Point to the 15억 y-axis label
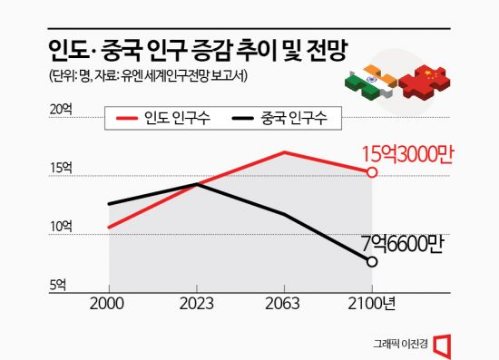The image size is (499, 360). pyautogui.click(x=62, y=167)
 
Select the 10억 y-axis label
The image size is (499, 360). pyautogui.click(x=62, y=226)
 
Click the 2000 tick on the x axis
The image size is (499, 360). pyautogui.click(x=108, y=304)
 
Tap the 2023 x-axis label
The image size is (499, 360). pyautogui.click(x=196, y=304)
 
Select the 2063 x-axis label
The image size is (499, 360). pyautogui.click(x=283, y=304)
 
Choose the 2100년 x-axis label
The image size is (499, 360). pyautogui.click(x=374, y=304)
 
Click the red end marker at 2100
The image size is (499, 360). pyautogui.click(x=371, y=171)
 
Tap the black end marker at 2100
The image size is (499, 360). pyautogui.click(x=371, y=262)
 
